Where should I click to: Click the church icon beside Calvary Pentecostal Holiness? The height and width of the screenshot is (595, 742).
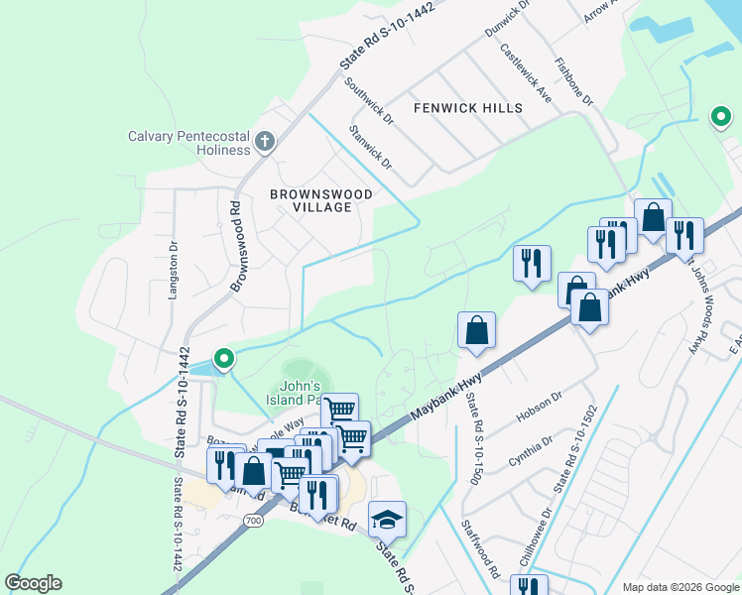[x=264, y=141]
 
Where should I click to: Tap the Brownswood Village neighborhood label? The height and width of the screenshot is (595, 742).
[x=321, y=200]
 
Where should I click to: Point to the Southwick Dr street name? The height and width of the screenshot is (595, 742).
[x=369, y=101]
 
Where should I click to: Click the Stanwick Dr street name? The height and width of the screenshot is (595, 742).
[x=371, y=146]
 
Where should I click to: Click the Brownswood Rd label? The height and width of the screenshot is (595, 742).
[x=237, y=247]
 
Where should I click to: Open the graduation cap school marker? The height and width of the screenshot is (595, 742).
[x=387, y=519]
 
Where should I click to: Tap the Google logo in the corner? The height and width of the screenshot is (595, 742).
[x=33, y=583]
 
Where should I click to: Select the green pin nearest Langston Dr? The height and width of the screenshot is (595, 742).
[x=224, y=358]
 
